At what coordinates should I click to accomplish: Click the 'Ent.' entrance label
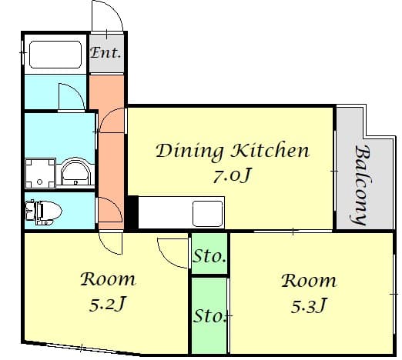(x=106, y=53)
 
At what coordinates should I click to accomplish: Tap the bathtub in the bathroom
(x=55, y=55)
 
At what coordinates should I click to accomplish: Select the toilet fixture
(x=43, y=212)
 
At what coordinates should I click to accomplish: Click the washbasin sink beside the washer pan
(x=75, y=172)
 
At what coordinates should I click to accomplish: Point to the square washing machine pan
(x=40, y=174)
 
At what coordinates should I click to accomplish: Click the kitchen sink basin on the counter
(x=208, y=214)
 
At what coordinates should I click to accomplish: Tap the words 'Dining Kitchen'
(x=233, y=152)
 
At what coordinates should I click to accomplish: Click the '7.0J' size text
(x=232, y=175)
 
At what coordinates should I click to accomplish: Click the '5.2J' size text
(x=107, y=304)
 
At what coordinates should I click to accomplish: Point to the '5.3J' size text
(x=308, y=306)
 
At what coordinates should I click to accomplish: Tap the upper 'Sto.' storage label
(x=209, y=256)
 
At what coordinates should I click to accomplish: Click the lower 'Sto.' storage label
(x=209, y=316)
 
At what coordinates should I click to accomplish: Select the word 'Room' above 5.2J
(x=108, y=279)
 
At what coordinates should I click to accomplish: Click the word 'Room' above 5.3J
(x=309, y=281)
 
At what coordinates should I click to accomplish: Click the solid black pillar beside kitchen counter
(x=133, y=212)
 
